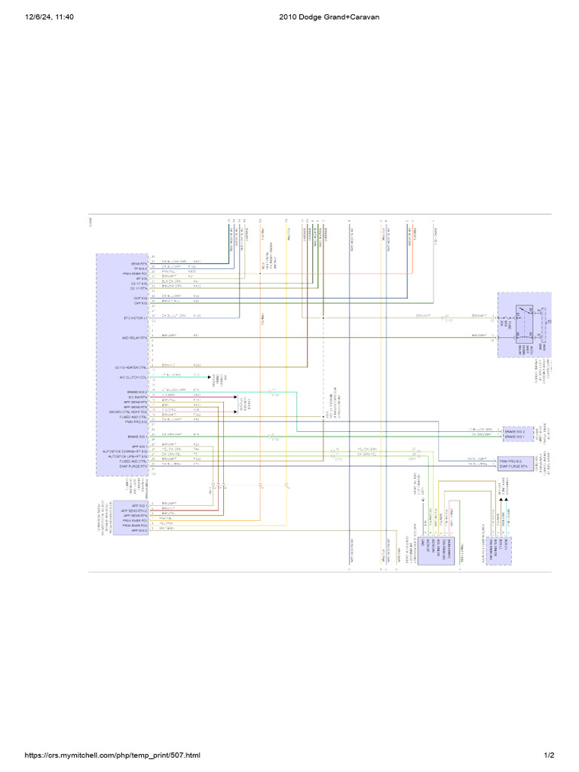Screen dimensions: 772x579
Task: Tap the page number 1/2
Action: [x=549, y=755]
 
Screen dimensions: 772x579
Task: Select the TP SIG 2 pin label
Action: [x=139, y=267]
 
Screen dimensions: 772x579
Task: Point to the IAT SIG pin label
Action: [x=140, y=277]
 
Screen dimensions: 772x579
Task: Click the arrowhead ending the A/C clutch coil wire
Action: [x=209, y=377]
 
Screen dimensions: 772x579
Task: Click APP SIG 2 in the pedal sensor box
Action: [x=139, y=530]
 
